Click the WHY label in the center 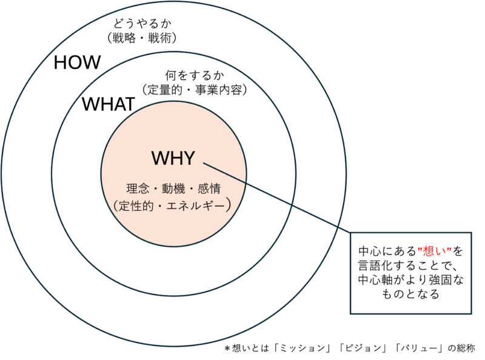[173, 158]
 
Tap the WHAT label [109, 104]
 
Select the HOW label [78, 62]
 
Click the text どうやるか [142, 24]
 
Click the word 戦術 [160, 38]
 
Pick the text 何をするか [195, 75]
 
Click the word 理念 [138, 188]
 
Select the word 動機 [173, 188]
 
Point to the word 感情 [209, 188]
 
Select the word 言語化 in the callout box [376, 265]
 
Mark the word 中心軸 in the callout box [376, 280]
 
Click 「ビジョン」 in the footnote [363, 348]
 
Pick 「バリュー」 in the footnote [420, 348]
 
